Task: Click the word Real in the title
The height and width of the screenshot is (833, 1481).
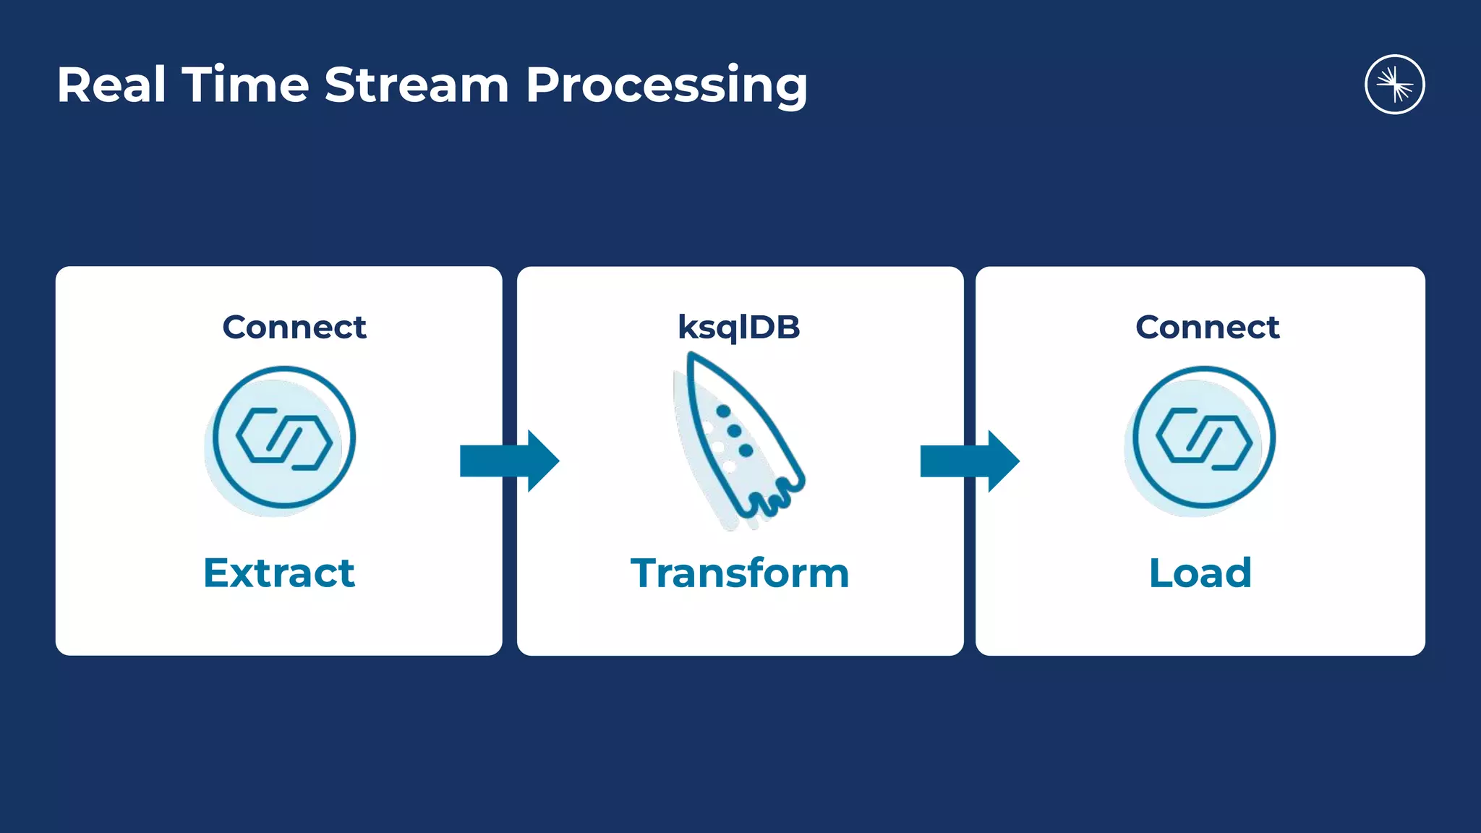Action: tap(111, 85)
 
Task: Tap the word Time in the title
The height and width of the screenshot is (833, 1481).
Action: tap(245, 85)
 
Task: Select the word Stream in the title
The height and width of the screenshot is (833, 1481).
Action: tap(417, 85)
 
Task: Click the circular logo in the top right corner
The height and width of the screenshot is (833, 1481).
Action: tap(1394, 85)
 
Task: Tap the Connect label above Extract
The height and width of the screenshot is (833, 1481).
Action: tap(294, 327)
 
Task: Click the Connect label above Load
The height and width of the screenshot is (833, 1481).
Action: tap(1207, 327)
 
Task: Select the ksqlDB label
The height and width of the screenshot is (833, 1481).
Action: tap(738, 328)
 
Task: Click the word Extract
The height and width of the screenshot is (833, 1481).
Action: tap(279, 573)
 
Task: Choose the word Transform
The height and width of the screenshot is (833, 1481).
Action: tap(740, 573)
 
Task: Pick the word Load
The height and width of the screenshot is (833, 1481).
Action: tap(1200, 573)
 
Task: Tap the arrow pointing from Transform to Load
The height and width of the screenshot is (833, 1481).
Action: tap(969, 461)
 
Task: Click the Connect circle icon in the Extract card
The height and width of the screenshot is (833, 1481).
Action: tap(284, 438)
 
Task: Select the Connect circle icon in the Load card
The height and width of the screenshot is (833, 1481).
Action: tap(1203, 438)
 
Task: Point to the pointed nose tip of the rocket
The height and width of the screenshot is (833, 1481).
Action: tap(691, 356)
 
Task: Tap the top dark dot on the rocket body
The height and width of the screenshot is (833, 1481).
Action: tap(722, 411)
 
